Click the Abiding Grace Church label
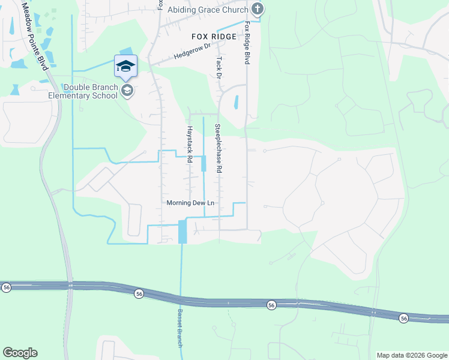point(208,10)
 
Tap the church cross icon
point(258,9)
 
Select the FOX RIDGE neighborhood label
point(214,37)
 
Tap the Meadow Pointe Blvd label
point(35,36)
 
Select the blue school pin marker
point(125,66)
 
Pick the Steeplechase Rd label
point(218,149)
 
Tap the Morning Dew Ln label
point(190,203)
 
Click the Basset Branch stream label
point(179,328)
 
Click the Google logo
point(20,353)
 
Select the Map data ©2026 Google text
point(411,355)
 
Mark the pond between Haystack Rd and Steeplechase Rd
point(203,163)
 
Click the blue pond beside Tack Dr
point(235,102)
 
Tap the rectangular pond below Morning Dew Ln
point(182,232)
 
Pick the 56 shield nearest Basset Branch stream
point(139,293)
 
